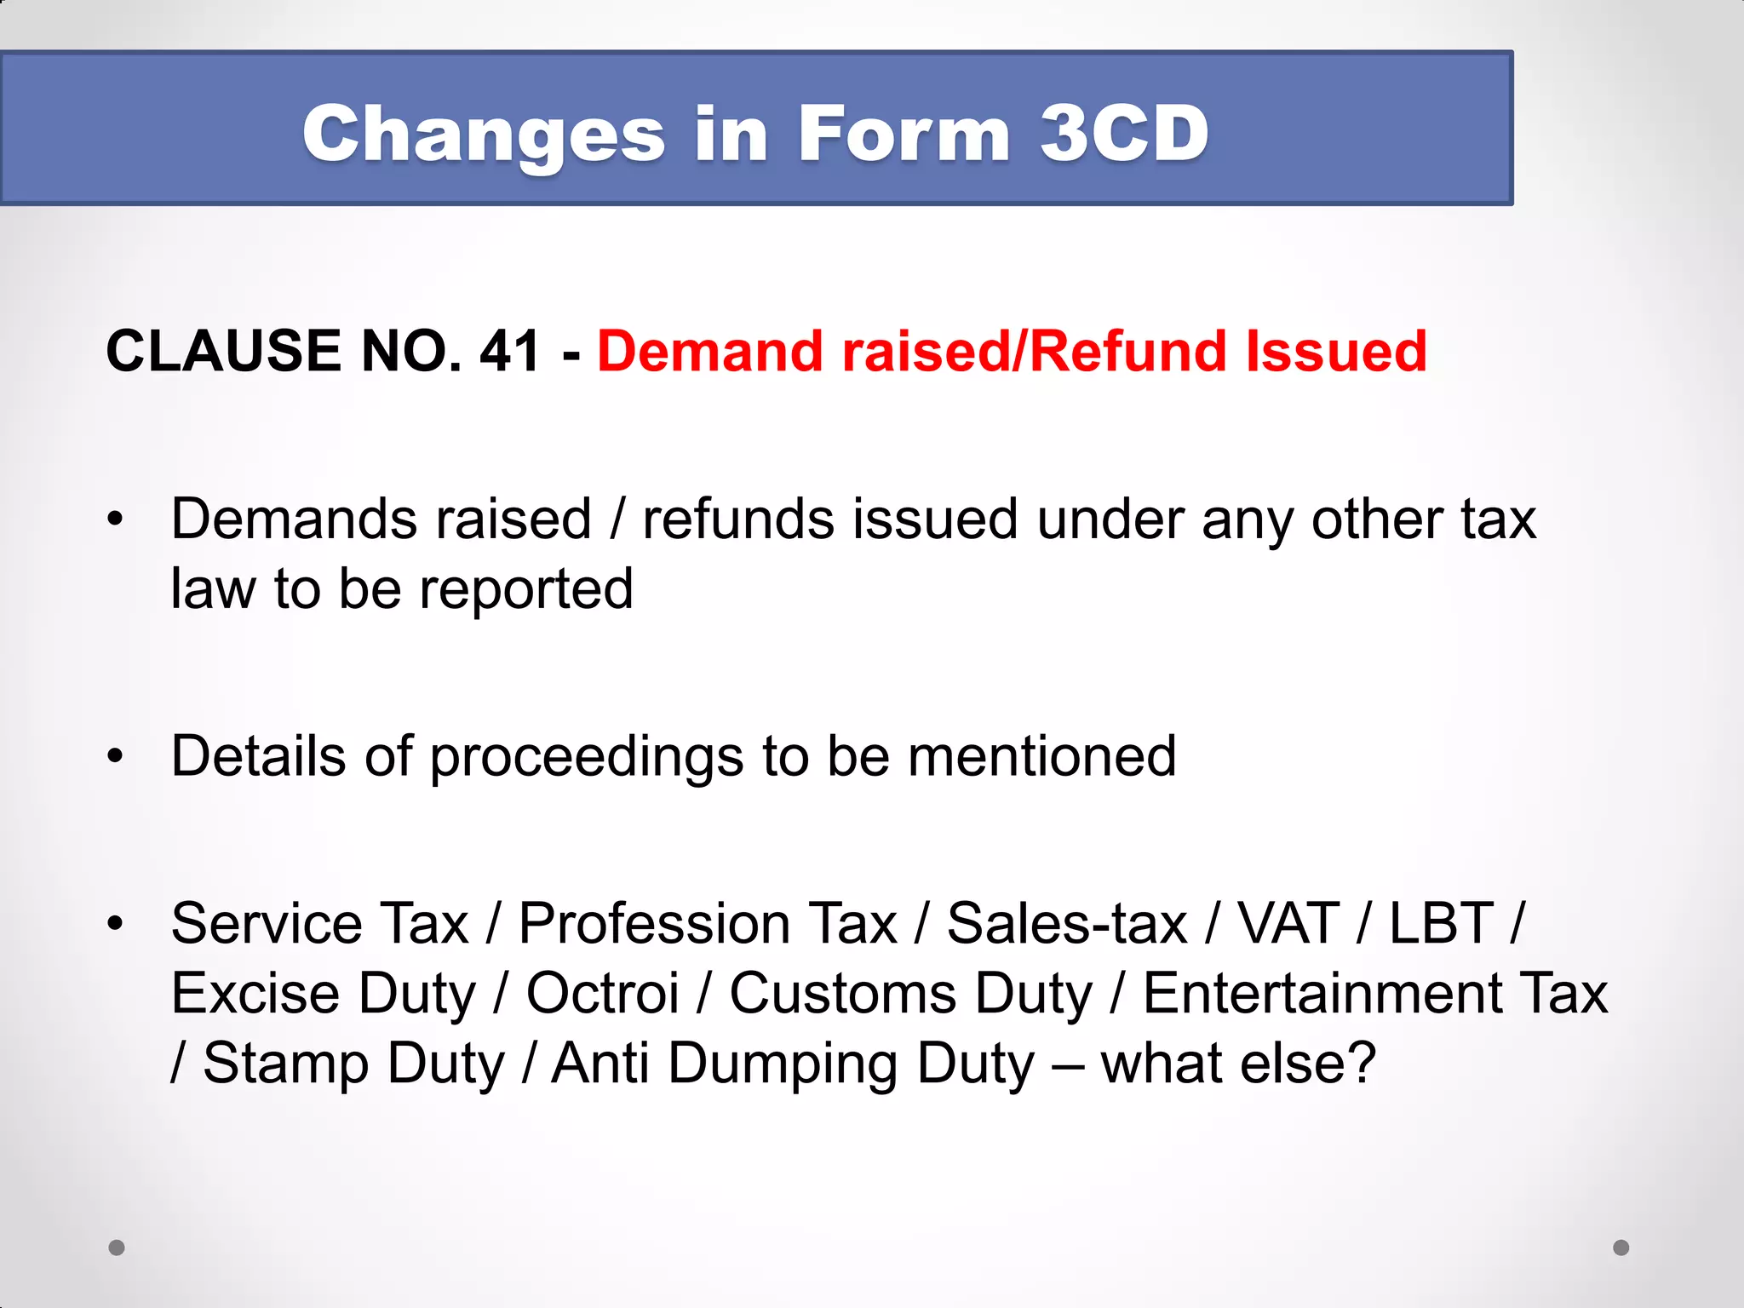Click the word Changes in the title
tap(483, 135)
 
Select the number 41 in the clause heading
tap(510, 351)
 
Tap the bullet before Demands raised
tap(116, 519)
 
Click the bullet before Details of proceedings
tap(116, 755)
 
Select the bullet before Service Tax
tap(116, 922)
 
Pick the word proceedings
tap(586, 757)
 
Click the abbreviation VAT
tap(1288, 923)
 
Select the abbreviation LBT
tap(1441, 923)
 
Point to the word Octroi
tap(602, 993)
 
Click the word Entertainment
tap(1322, 993)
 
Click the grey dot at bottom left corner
tap(117, 1248)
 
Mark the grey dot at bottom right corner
tap(1621, 1248)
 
